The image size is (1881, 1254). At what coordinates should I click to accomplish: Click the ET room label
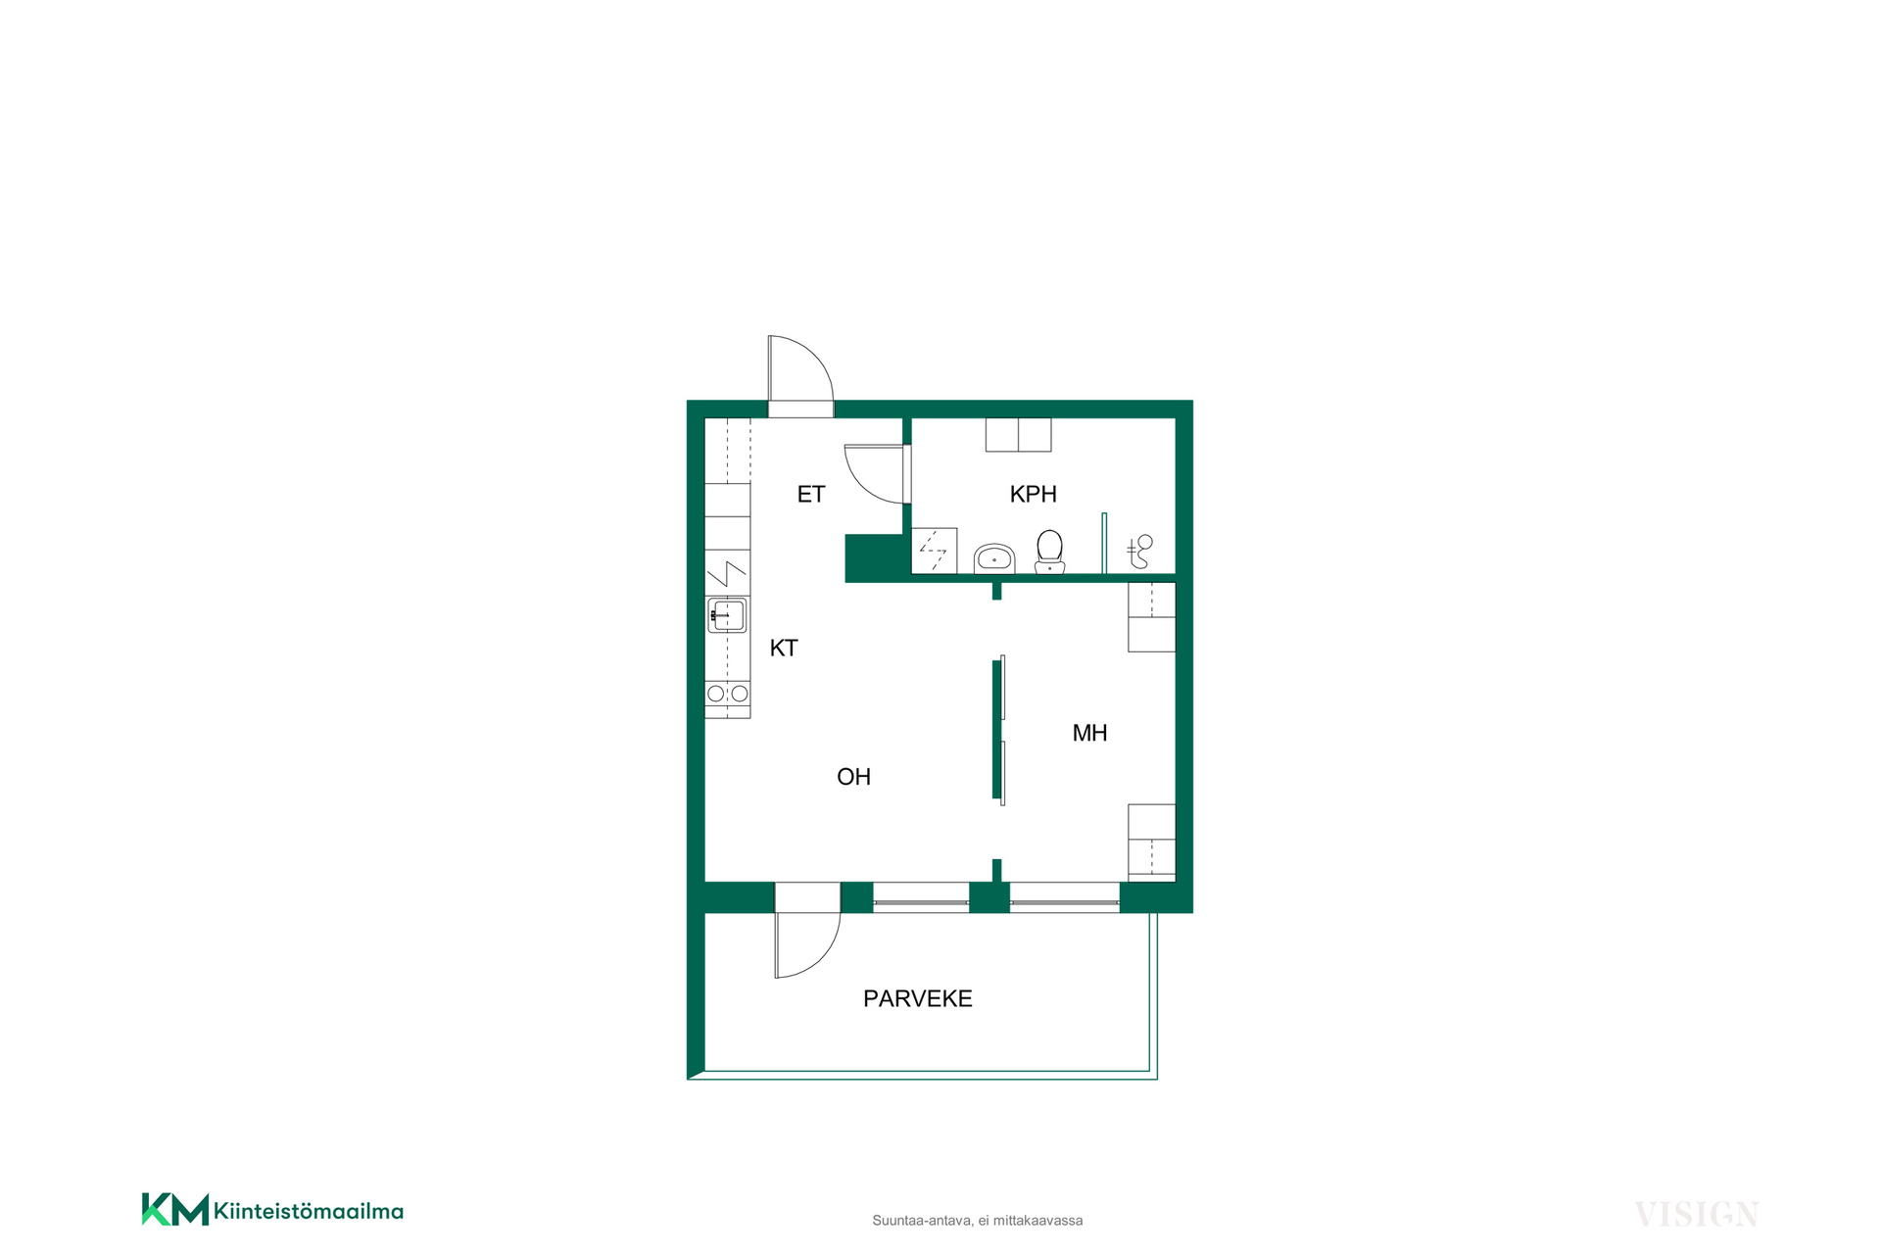click(811, 495)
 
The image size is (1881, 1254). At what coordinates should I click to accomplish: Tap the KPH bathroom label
click(1034, 495)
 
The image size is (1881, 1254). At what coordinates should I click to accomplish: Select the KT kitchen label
click(784, 648)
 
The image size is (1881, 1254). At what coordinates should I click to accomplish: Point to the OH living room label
click(854, 777)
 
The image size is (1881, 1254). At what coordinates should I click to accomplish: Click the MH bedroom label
click(1090, 733)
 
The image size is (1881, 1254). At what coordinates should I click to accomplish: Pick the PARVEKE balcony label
click(918, 998)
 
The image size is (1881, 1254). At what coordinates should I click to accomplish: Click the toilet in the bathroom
click(1050, 552)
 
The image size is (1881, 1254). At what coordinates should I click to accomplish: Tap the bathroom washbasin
click(994, 558)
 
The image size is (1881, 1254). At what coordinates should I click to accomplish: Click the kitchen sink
click(727, 615)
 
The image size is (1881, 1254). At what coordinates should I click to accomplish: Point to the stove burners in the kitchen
click(727, 694)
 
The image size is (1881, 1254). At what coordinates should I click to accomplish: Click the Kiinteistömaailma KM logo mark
click(175, 1209)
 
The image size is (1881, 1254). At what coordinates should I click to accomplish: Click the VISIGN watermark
click(1697, 1215)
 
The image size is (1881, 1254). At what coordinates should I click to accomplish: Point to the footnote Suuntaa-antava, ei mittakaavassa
click(978, 1221)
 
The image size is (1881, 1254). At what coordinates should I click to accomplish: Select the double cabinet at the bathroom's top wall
click(1018, 435)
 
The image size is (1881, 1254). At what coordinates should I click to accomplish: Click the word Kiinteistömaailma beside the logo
click(309, 1211)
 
